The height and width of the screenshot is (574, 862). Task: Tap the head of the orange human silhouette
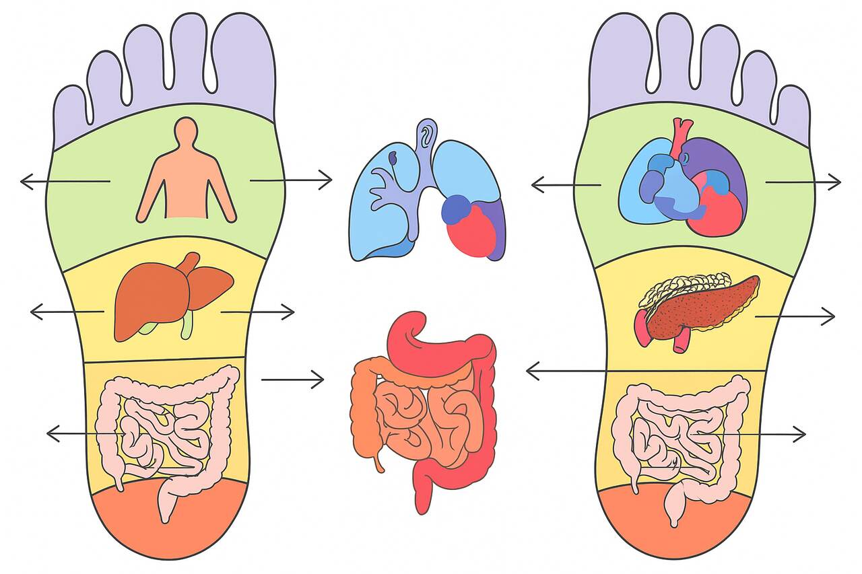tap(185, 131)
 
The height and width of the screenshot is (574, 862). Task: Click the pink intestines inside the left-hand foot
tap(168, 431)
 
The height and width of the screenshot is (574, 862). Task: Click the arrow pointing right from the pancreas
tap(795, 316)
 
